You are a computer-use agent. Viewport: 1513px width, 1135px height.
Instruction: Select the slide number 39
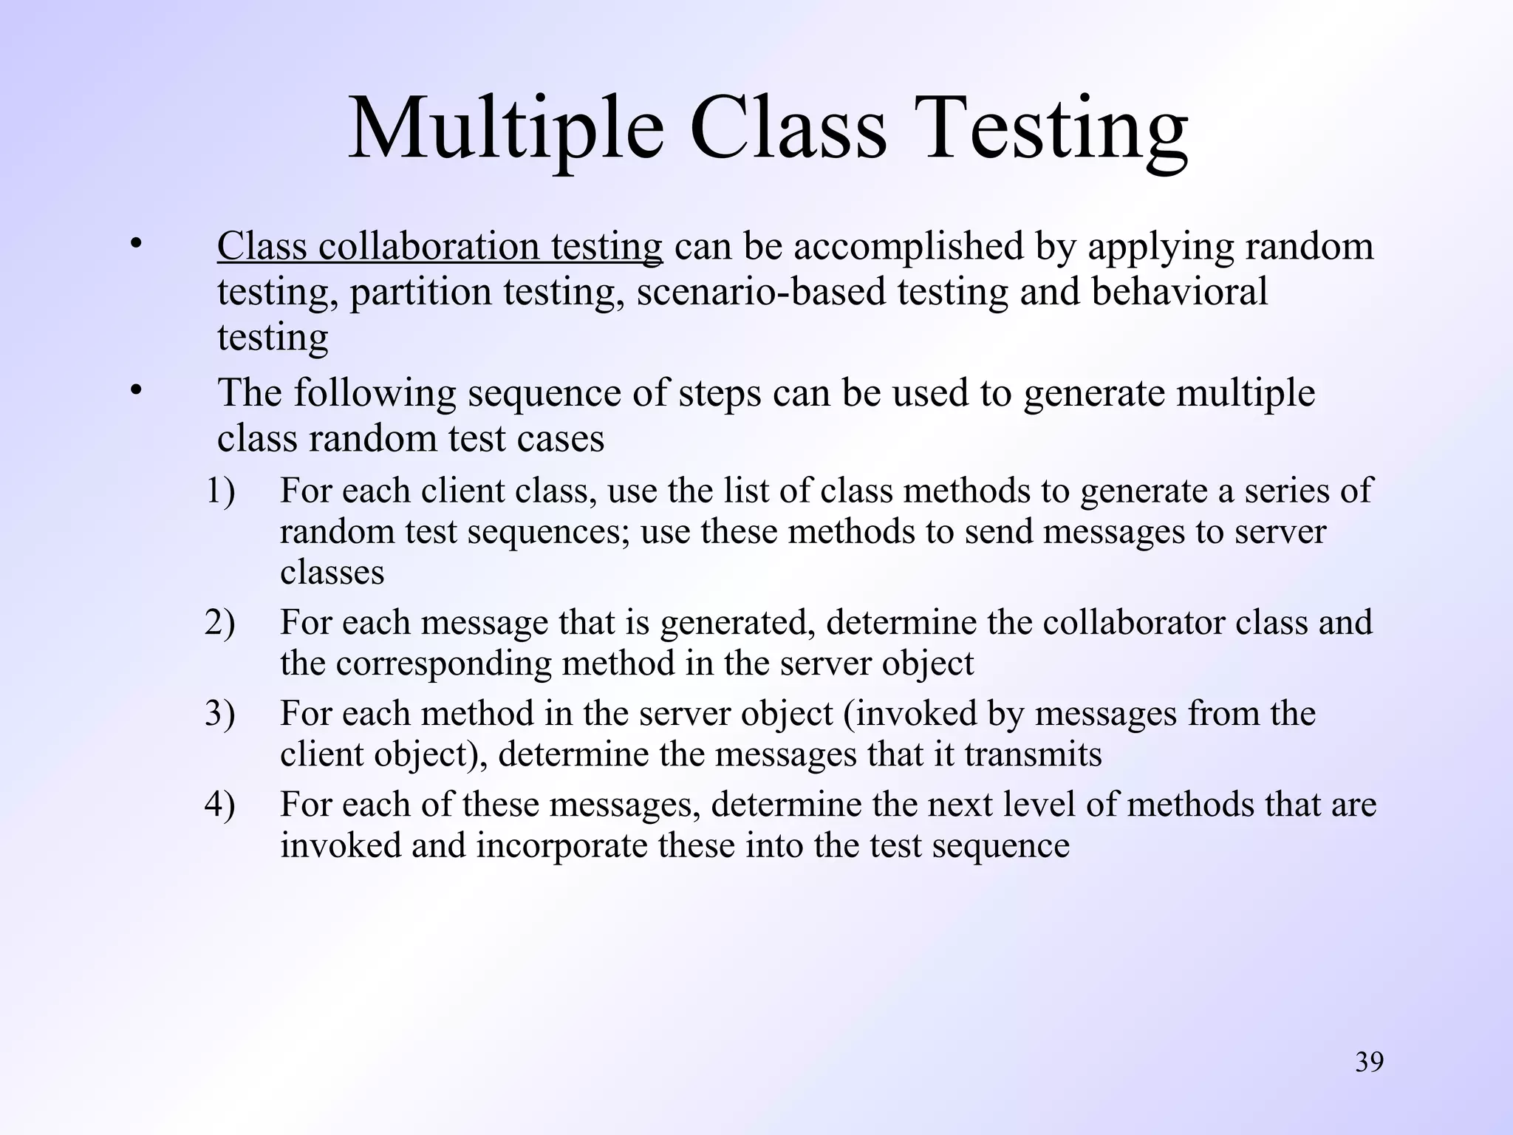[x=1369, y=1063]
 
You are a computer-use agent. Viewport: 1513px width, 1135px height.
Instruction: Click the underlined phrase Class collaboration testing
[x=440, y=247]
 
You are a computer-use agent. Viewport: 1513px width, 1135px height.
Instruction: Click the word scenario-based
[x=760, y=292]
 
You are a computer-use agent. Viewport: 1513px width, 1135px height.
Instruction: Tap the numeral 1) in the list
[x=219, y=491]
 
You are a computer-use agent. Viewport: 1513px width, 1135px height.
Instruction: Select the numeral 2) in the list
[x=219, y=623]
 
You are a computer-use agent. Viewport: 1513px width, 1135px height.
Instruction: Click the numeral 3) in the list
[x=219, y=714]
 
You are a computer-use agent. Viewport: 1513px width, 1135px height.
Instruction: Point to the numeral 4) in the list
[x=219, y=805]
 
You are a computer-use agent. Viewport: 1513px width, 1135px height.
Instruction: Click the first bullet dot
[x=134, y=244]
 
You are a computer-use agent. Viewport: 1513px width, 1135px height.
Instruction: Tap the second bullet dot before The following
[x=134, y=390]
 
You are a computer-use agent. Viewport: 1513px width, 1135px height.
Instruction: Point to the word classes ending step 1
[x=332, y=573]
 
